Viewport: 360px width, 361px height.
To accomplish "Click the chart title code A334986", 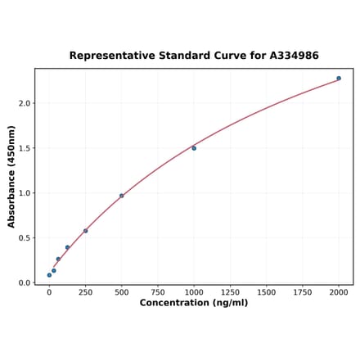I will (x=290, y=56).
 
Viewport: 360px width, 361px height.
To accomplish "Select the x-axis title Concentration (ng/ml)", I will (x=193, y=303).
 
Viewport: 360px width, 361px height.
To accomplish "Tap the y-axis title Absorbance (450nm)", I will (x=11, y=176).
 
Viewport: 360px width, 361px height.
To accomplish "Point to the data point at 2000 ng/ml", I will (x=339, y=79).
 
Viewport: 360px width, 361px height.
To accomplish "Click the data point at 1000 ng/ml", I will (x=194, y=148).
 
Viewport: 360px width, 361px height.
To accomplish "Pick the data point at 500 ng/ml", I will (x=122, y=196).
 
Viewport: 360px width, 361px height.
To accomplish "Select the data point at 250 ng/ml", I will (x=85, y=231).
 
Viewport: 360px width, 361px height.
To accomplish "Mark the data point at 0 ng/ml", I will (x=49, y=275).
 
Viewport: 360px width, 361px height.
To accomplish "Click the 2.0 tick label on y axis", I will (x=24, y=103).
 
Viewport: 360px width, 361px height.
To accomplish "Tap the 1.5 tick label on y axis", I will (x=24, y=148).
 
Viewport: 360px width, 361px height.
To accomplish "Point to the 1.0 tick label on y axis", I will (x=24, y=193).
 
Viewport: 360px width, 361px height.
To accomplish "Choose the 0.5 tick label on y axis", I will (x=24, y=238).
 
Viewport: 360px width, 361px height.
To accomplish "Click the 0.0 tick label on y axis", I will (x=24, y=283).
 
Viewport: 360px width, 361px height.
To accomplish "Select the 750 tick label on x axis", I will (x=157, y=291).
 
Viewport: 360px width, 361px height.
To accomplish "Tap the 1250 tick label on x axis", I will (x=230, y=291).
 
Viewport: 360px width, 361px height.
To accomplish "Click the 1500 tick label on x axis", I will (x=266, y=291).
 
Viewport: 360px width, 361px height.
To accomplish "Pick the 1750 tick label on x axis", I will (x=302, y=291).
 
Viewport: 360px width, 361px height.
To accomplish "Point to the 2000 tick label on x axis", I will (x=339, y=291).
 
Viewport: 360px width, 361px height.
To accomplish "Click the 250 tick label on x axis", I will (x=85, y=291).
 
